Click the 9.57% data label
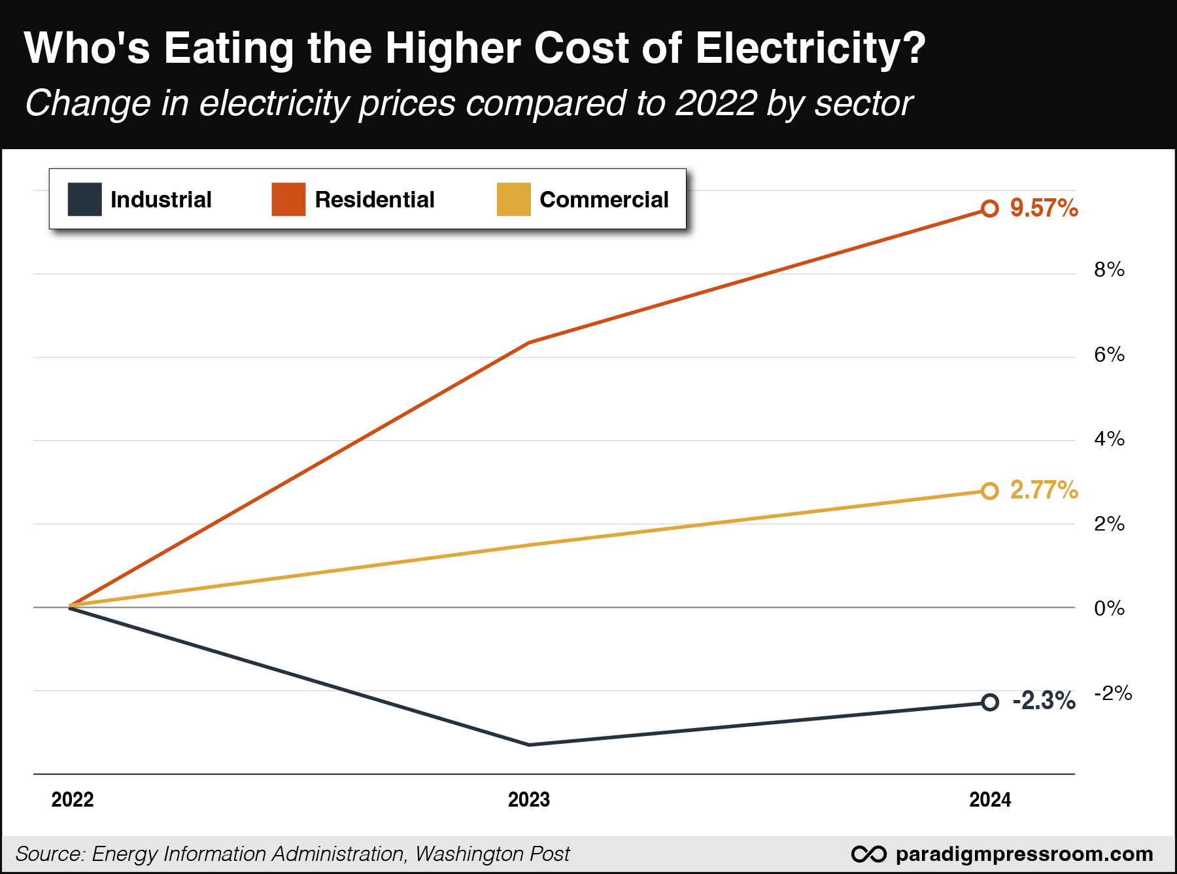coord(1044,208)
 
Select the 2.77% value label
coord(1044,490)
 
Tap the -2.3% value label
coord(1044,701)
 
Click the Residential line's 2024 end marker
coord(990,209)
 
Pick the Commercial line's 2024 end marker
coord(990,491)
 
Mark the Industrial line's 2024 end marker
coord(990,703)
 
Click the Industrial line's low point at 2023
coord(529,744)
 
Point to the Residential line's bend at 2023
coord(529,342)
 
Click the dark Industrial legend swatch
coord(85,200)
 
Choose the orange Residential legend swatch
coord(288,200)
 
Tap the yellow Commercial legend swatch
coord(514,200)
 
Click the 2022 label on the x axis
coord(73,799)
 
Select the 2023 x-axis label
coord(529,799)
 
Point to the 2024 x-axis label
coord(990,799)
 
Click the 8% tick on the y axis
coord(1109,270)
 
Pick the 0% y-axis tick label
coord(1109,608)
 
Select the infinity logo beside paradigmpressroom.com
coord(869,854)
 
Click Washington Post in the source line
coord(492,854)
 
